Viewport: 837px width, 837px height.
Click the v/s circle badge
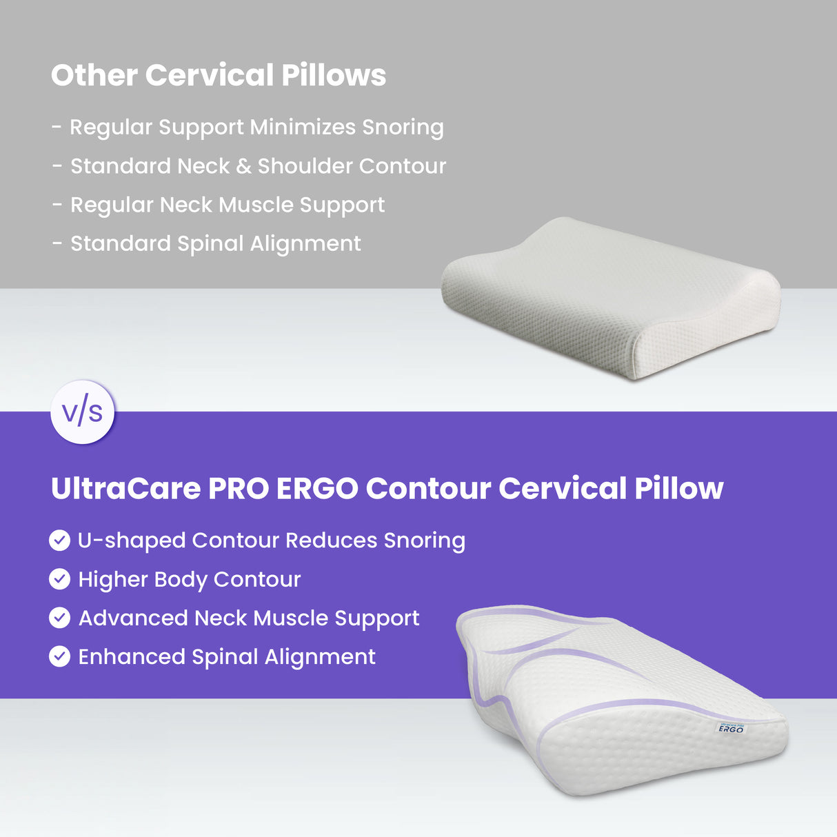point(82,412)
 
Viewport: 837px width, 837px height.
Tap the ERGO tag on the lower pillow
point(731,728)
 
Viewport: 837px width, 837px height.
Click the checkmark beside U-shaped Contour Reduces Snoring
point(60,541)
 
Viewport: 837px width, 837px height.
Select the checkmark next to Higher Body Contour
point(60,579)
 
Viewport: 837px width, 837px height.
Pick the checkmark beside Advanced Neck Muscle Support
point(60,618)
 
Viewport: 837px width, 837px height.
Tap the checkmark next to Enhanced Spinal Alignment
point(60,656)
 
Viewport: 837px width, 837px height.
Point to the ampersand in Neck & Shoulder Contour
point(243,166)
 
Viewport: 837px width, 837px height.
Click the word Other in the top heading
point(94,75)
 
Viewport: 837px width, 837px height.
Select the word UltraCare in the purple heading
point(125,488)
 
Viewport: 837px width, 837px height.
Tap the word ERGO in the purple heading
point(317,488)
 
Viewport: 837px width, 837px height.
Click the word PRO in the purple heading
point(238,488)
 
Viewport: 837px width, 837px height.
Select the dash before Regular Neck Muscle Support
point(57,205)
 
